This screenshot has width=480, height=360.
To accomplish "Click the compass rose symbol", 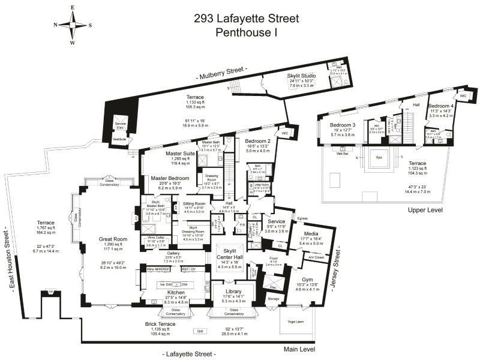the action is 73,25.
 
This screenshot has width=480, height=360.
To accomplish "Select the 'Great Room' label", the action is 111,239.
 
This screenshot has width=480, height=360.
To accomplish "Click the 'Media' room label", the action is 311,233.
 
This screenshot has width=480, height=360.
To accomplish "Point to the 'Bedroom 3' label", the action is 342,125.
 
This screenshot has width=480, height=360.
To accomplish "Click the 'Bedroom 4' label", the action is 440,106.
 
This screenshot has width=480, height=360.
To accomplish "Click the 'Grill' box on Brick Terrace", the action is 199,331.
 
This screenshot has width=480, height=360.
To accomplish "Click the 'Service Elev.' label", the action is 121,125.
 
